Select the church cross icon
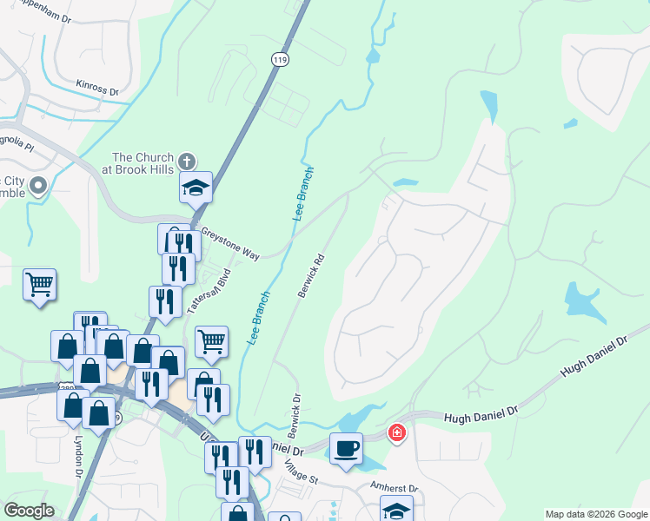[x=186, y=162]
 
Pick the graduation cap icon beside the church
[x=196, y=187]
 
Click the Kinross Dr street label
[x=96, y=87]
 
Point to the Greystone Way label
[x=230, y=243]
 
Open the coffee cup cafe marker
[x=346, y=448]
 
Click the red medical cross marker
[x=396, y=432]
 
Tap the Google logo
[x=29, y=511]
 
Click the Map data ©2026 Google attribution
[x=595, y=514]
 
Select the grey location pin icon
[x=38, y=185]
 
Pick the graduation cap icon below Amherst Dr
[x=396, y=510]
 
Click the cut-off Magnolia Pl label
[x=16, y=145]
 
